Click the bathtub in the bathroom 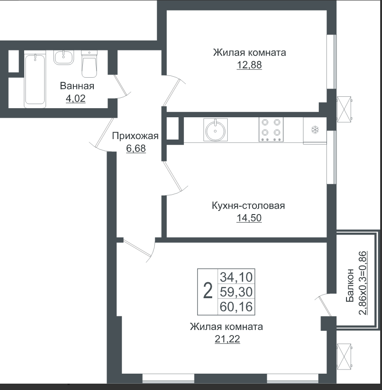[35, 80]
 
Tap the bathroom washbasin [64, 57]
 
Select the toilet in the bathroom [89, 64]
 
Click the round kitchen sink [215, 130]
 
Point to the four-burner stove [271, 130]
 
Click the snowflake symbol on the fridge [315, 130]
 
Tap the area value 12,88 [249, 65]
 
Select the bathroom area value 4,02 [76, 99]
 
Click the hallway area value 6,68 [136, 149]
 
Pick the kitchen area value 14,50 [249, 218]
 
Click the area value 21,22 [227, 339]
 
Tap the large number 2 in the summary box [208, 291]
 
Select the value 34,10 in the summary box [236, 277]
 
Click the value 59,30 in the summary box [236, 292]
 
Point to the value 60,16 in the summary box [236, 306]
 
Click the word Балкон [350, 285]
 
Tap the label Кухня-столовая [248, 206]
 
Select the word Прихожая [135, 136]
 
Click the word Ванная [77, 86]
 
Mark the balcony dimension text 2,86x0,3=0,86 [363, 283]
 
